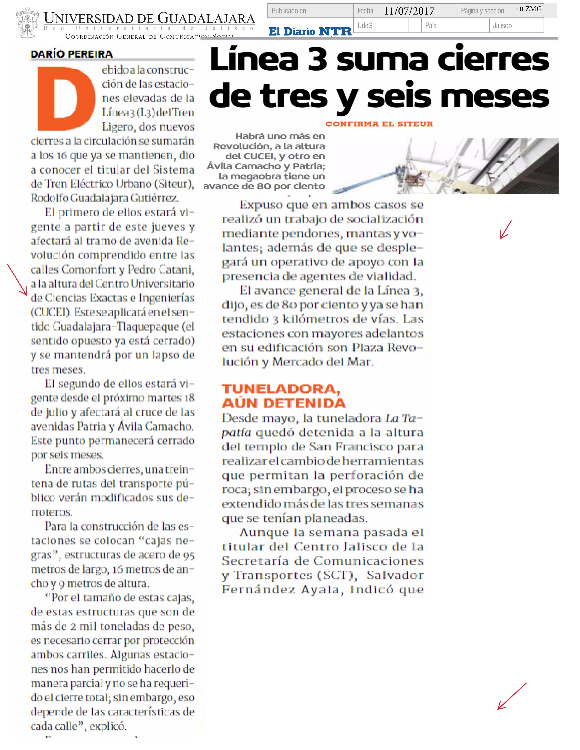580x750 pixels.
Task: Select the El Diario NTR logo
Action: tap(310, 32)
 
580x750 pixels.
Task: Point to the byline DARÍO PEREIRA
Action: tap(71, 54)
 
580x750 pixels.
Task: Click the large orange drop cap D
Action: tap(66, 99)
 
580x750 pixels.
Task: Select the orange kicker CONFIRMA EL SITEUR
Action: tap(379, 124)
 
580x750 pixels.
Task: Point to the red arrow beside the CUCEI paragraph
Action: tap(18, 280)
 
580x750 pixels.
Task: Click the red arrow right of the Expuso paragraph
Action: tap(505, 229)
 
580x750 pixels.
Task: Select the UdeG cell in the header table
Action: tap(365, 26)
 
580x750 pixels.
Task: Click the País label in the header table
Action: tap(431, 26)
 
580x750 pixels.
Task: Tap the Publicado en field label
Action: tap(289, 11)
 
